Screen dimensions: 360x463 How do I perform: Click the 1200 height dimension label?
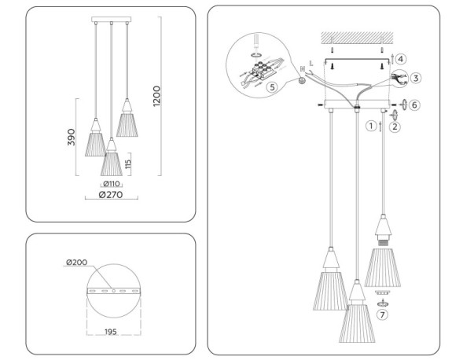157,95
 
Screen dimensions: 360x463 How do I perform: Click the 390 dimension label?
72,138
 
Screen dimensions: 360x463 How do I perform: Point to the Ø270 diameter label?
110,196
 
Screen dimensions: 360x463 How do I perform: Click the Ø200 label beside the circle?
76,262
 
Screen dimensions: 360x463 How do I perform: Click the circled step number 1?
370,125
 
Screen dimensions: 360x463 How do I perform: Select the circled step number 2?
395,124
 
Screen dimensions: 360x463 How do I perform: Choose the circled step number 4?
401,59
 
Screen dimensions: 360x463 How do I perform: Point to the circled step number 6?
415,105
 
